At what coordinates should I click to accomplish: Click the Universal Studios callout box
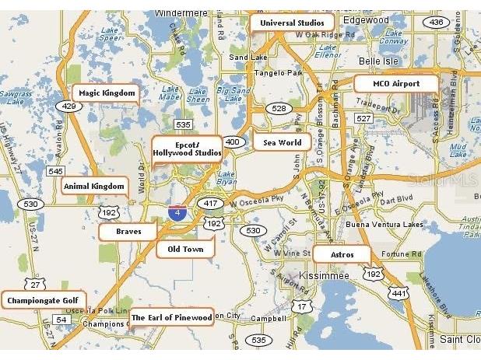pyautogui.click(x=293, y=23)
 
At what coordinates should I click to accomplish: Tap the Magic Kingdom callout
pyautogui.click(x=107, y=93)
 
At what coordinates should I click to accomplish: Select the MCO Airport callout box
pyautogui.click(x=395, y=84)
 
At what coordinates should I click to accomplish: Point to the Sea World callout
pyautogui.click(x=283, y=142)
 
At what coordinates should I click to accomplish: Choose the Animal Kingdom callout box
pyautogui.click(x=94, y=187)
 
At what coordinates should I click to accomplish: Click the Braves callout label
pyautogui.click(x=128, y=232)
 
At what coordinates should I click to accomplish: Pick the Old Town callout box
pyautogui.click(x=185, y=250)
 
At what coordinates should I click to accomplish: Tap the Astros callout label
pyautogui.click(x=342, y=255)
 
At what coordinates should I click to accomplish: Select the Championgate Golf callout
pyautogui.click(x=44, y=300)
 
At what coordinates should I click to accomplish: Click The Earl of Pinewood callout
pyautogui.click(x=171, y=317)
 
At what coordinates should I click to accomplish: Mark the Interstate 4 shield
pyautogui.click(x=178, y=211)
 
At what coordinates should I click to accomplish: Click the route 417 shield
pyautogui.click(x=210, y=203)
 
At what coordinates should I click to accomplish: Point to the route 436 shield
pyautogui.click(x=436, y=22)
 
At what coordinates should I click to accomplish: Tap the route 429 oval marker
pyautogui.click(x=69, y=107)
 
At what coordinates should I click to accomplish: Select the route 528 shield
pyautogui.click(x=278, y=109)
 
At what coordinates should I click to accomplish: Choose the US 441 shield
pyautogui.click(x=399, y=293)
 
